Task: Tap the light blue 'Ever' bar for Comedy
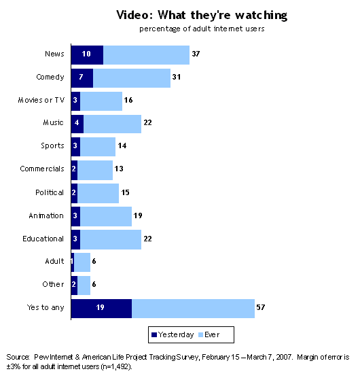pos(132,78)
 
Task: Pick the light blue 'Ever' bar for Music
pos(112,124)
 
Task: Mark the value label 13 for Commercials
pos(120,169)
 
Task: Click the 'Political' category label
pos(50,193)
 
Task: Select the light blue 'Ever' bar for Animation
pos(106,216)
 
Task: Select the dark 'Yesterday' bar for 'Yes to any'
pos(101,309)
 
